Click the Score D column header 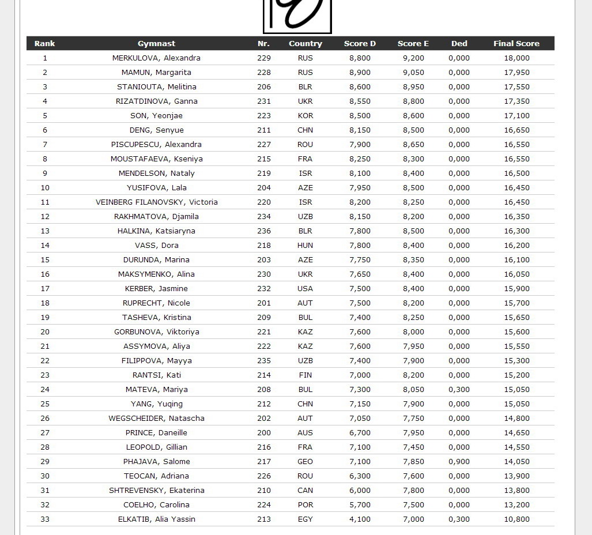point(360,43)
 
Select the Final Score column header point(516,43)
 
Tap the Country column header point(305,43)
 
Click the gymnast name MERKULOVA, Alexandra point(156,58)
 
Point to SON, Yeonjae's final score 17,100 point(516,115)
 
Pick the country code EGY point(305,519)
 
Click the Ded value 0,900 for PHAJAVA point(459,461)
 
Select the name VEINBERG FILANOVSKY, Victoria point(156,202)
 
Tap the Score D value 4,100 point(360,519)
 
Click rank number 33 point(45,519)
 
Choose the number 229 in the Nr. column point(263,58)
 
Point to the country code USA point(305,288)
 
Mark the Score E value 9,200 point(413,58)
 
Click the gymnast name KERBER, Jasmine point(156,288)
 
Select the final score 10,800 point(516,519)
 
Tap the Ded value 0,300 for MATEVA point(459,389)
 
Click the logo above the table point(297,16)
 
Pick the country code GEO point(305,461)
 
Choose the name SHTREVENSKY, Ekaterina point(156,490)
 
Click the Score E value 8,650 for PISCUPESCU point(413,144)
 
